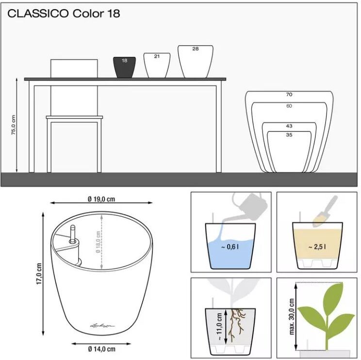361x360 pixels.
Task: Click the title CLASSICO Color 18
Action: pyautogui.click(x=64, y=14)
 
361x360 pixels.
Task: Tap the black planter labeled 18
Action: pyautogui.click(x=124, y=67)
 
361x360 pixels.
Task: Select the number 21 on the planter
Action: pyautogui.click(x=157, y=56)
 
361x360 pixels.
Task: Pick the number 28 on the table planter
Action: pyautogui.click(x=196, y=49)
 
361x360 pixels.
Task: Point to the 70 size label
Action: pyautogui.click(x=289, y=95)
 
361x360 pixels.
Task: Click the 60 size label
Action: pyautogui.click(x=289, y=106)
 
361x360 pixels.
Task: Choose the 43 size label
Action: pyautogui.click(x=289, y=126)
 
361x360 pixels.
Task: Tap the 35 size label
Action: pyautogui.click(x=289, y=135)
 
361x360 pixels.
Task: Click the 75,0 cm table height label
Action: pyautogui.click(x=14, y=125)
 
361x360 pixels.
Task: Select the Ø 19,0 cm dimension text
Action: pyautogui.click(x=101, y=199)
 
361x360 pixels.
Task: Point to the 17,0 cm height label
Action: pyautogui.click(x=39, y=274)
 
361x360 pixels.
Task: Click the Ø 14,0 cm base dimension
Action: pyautogui.click(x=101, y=349)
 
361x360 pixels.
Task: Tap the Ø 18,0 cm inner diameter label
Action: pyautogui.click(x=98, y=242)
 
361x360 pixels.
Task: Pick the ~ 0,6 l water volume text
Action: pyautogui.click(x=230, y=247)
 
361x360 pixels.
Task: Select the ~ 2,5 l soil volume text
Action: pyautogui.click(x=317, y=247)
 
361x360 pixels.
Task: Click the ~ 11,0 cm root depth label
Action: pyautogui.click(x=219, y=327)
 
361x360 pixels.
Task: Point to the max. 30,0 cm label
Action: pyautogui.click(x=292, y=316)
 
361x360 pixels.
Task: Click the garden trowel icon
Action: pyautogui.click(x=325, y=212)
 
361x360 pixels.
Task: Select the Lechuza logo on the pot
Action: pyautogui.click(x=102, y=326)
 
